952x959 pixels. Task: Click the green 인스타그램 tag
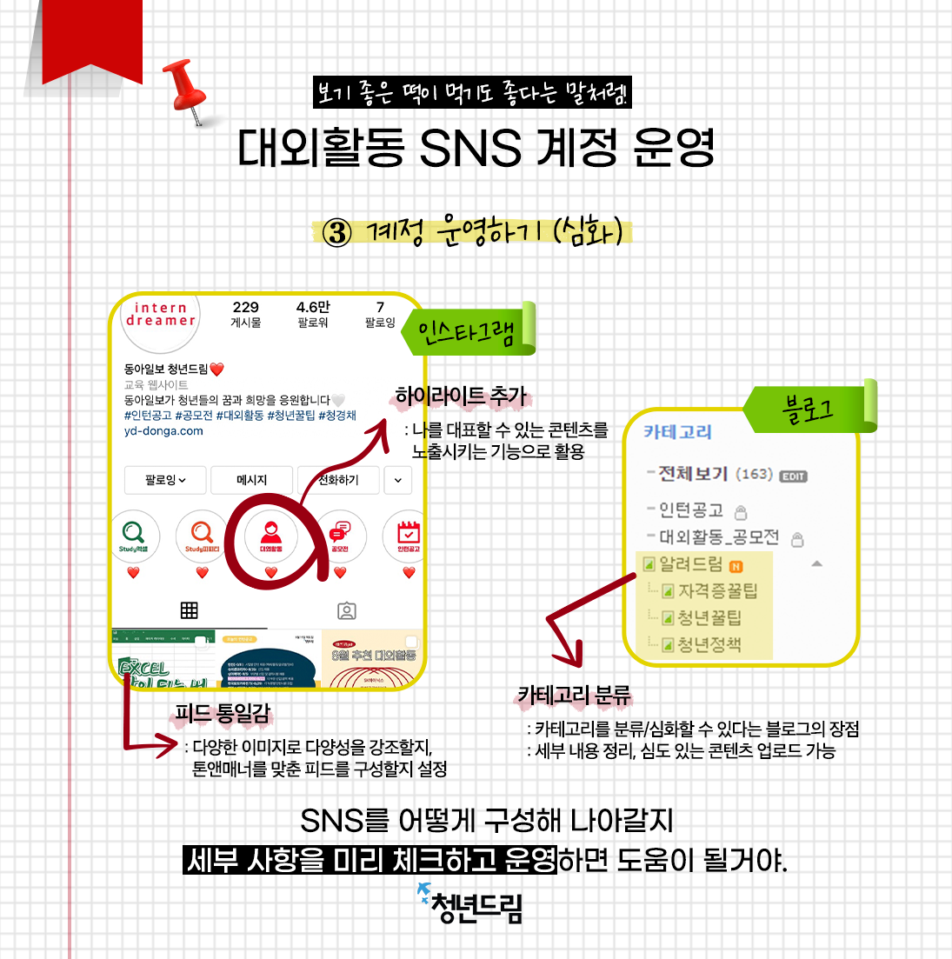click(467, 331)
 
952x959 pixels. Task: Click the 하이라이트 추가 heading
click(461, 396)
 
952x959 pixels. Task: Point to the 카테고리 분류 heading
click(574, 696)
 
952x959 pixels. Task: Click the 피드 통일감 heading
click(223, 714)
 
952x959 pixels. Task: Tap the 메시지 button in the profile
click(252, 480)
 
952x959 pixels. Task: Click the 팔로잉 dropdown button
click(165, 480)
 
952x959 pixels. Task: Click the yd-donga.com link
click(163, 431)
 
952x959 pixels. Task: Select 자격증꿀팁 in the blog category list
click(717, 591)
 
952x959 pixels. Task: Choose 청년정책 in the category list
click(709, 645)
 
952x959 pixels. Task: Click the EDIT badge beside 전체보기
click(793, 476)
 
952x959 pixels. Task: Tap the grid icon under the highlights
click(189, 610)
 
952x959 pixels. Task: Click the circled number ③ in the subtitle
click(336, 232)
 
